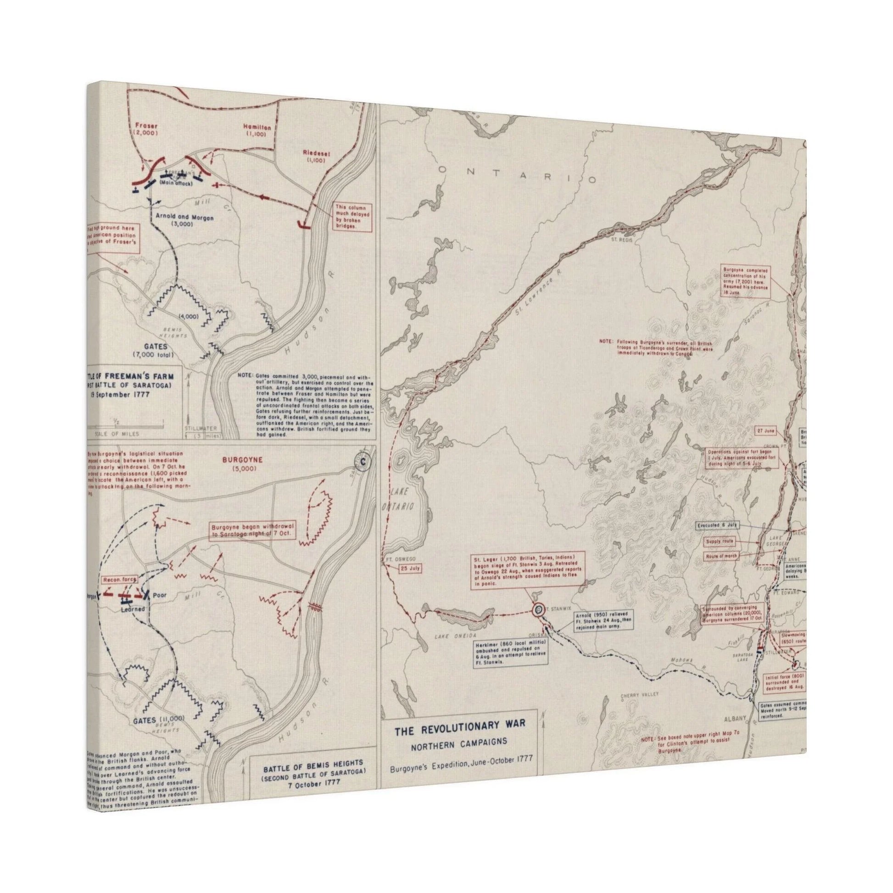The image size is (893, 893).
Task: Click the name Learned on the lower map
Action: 133,609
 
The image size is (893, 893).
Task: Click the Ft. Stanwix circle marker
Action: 538,610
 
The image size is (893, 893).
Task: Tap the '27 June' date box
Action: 766,431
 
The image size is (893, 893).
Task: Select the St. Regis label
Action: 621,240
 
